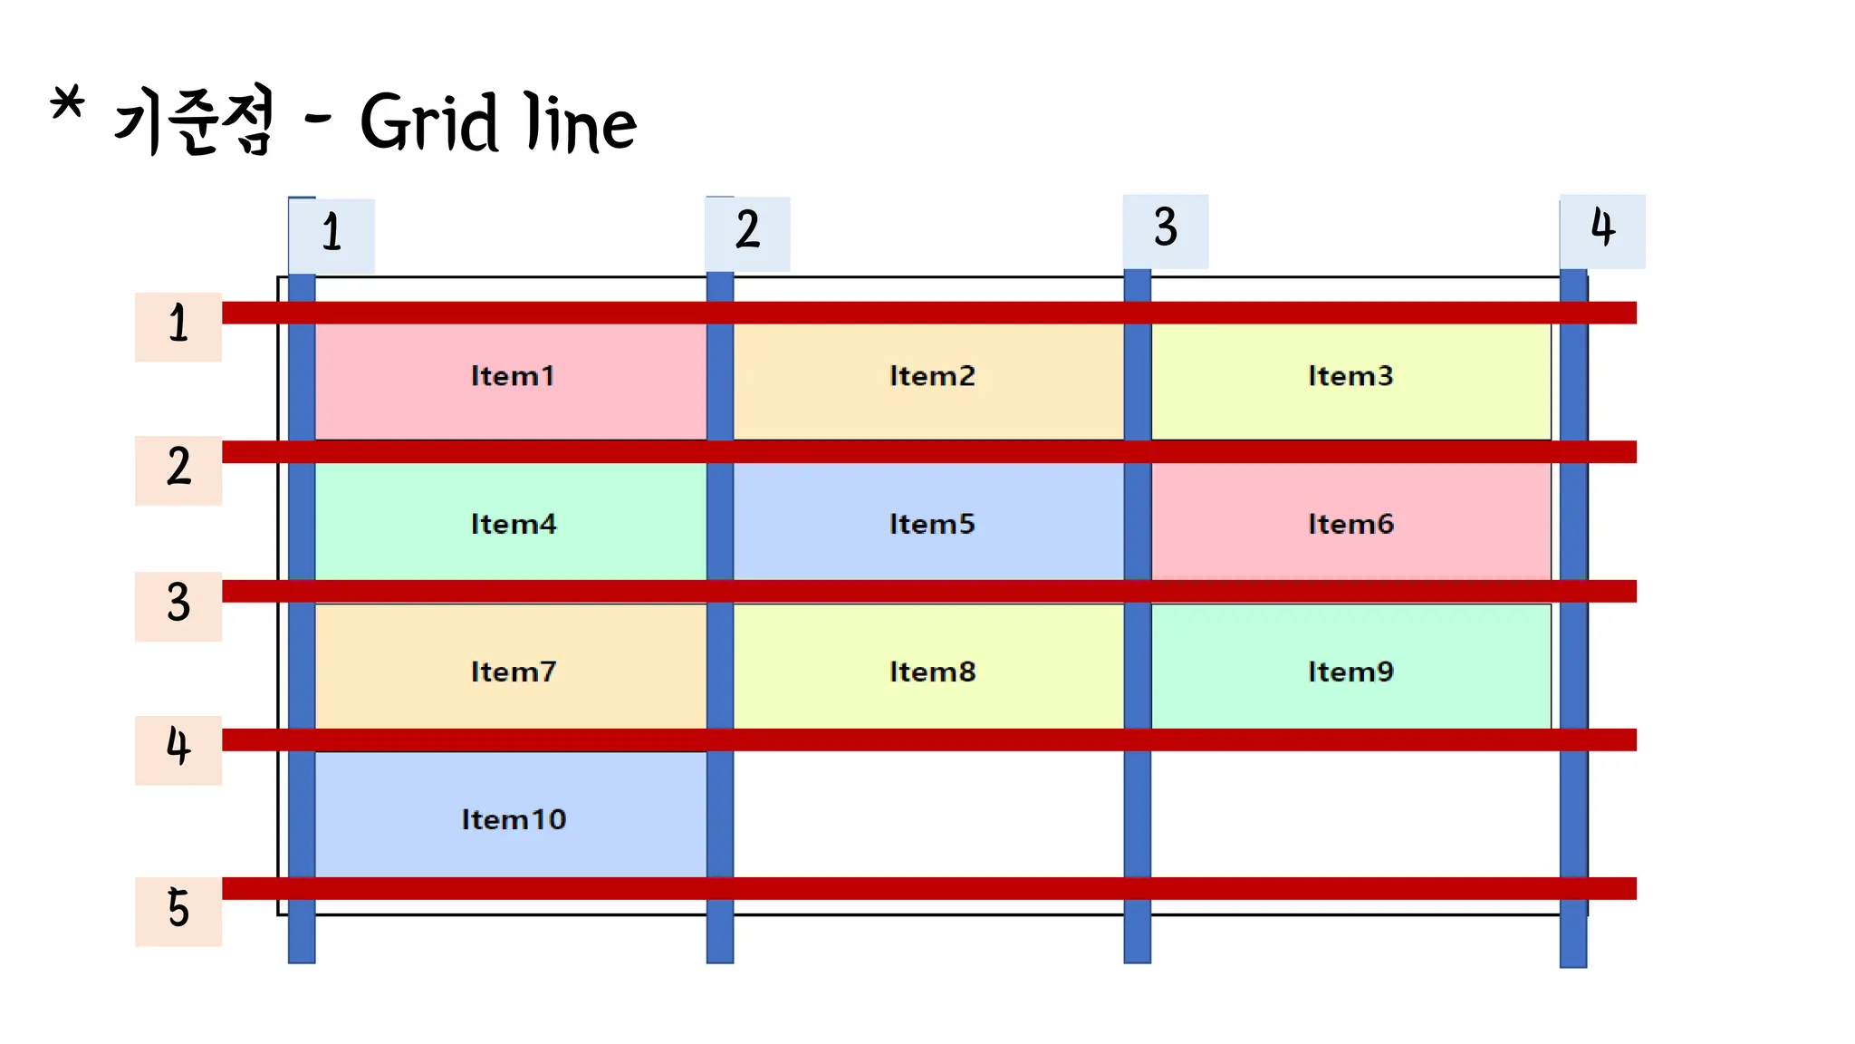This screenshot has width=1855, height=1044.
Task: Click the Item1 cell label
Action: click(512, 376)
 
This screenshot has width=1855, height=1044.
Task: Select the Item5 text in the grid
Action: click(931, 524)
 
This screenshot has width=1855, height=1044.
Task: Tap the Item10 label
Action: click(514, 819)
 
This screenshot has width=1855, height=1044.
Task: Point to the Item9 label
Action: click(1350, 672)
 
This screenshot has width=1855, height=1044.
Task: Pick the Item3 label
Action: click(1350, 376)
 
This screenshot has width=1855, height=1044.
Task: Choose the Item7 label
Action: click(513, 672)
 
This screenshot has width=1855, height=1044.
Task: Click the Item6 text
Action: click(1350, 524)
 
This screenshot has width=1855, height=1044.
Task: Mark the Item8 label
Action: click(932, 672)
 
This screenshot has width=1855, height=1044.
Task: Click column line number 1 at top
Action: click(332, 233)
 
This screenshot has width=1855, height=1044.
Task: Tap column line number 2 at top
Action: click(747, 230)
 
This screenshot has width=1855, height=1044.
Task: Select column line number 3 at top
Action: click(1166, 227)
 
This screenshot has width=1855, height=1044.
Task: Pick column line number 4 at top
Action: click(1602, 227)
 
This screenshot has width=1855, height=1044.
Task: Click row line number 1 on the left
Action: click(178, 324)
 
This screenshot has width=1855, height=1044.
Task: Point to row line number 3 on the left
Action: click(178, 604)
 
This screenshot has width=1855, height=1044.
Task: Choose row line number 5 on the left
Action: click(178, 909)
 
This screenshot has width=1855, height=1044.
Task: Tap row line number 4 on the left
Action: click(178, 747)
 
